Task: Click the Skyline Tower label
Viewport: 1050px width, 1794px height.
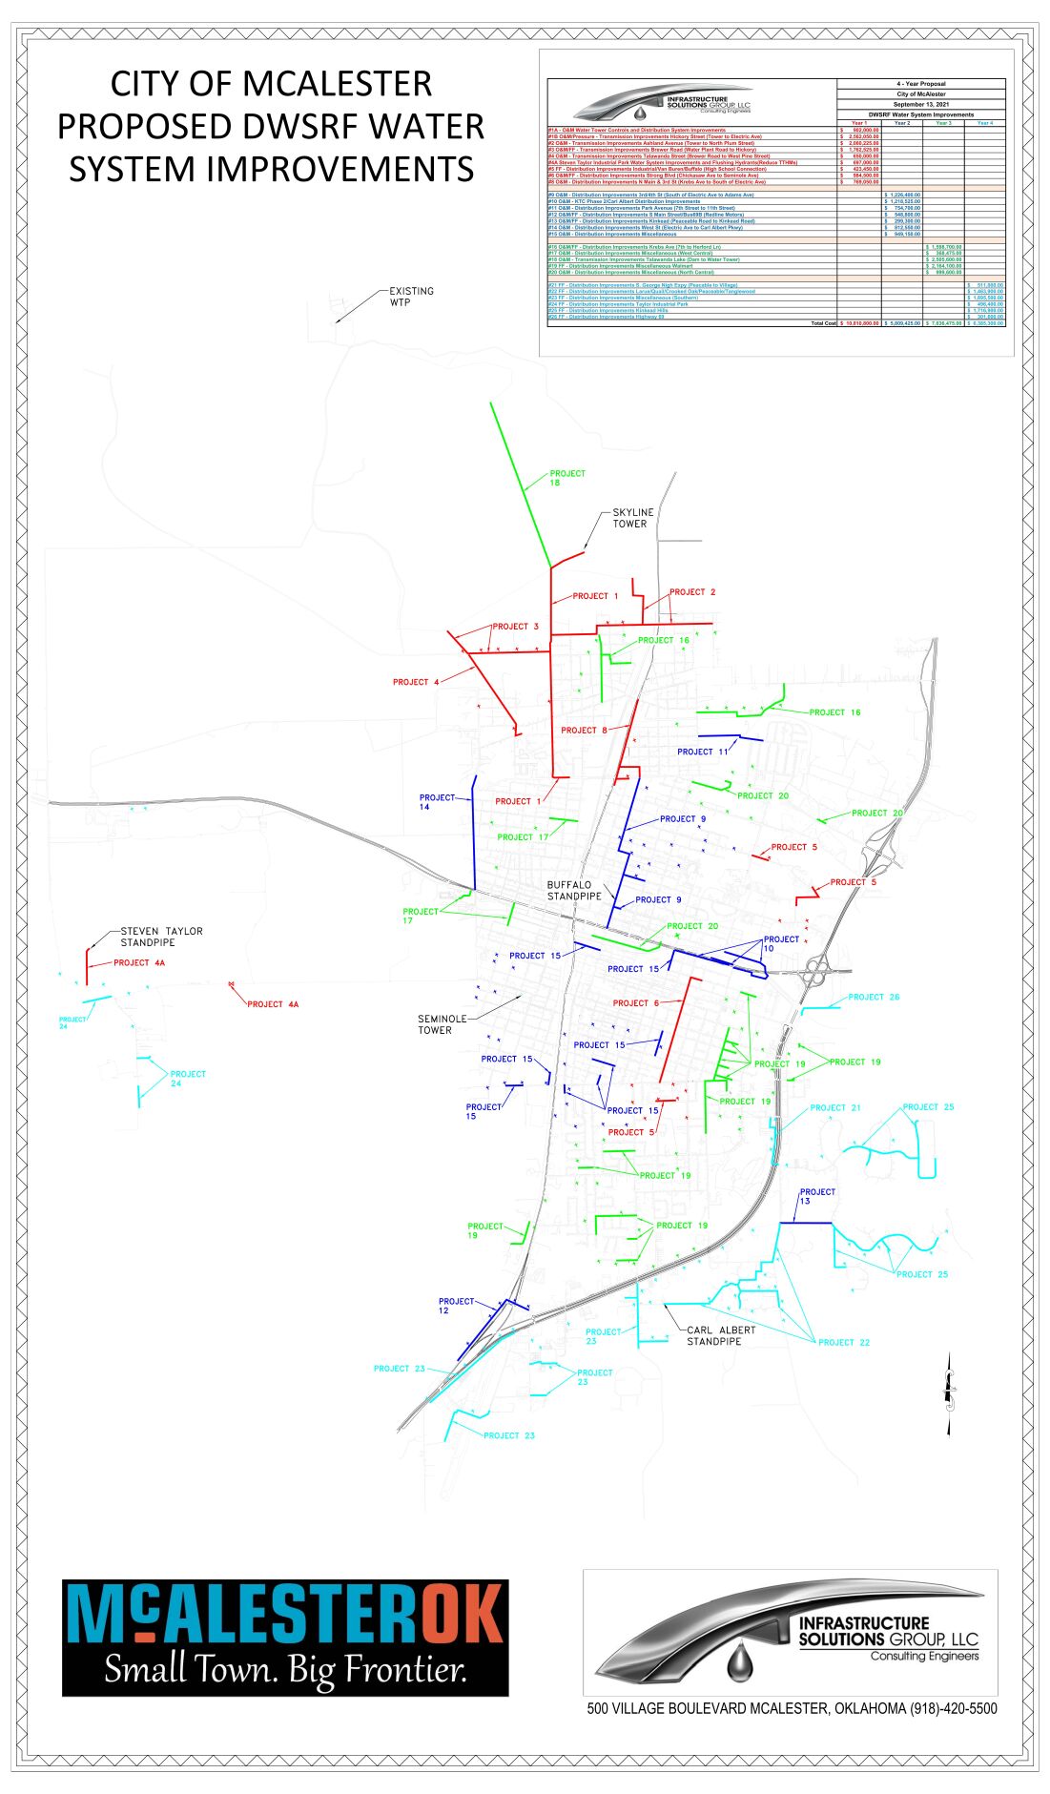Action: click(632, 518)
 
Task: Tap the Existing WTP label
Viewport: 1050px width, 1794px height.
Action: click(411, 297)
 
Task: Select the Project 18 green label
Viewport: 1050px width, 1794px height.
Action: click(567, 478)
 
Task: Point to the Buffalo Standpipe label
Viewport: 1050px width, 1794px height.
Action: click(574, 891)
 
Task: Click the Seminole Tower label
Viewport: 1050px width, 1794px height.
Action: click(442, 1024)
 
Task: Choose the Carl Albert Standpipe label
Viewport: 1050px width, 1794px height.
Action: click(721, 1335)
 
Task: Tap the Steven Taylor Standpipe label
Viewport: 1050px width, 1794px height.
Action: click(161, 937)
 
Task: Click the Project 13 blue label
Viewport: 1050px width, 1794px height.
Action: click(816, 1196)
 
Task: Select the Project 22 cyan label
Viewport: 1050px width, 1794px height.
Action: click(844, 1342)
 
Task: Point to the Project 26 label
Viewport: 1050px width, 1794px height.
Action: click(874, 997)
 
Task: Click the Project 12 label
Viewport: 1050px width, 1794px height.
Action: click(456, 1306)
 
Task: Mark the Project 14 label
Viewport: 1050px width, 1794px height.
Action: click(437, 802)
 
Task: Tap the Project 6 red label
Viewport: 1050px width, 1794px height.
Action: click(635, 1003)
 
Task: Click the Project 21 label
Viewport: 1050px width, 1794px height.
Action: click(835, 1107)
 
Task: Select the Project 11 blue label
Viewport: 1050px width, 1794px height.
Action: click(703, 752)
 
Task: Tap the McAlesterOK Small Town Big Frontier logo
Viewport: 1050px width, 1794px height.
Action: click(285, 1638)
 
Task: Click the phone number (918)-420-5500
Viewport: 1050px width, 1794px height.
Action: click(953, 1708)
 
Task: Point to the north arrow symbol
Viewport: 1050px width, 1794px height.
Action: click(948, 1398)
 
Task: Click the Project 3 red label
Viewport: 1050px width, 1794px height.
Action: click(516, 627)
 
